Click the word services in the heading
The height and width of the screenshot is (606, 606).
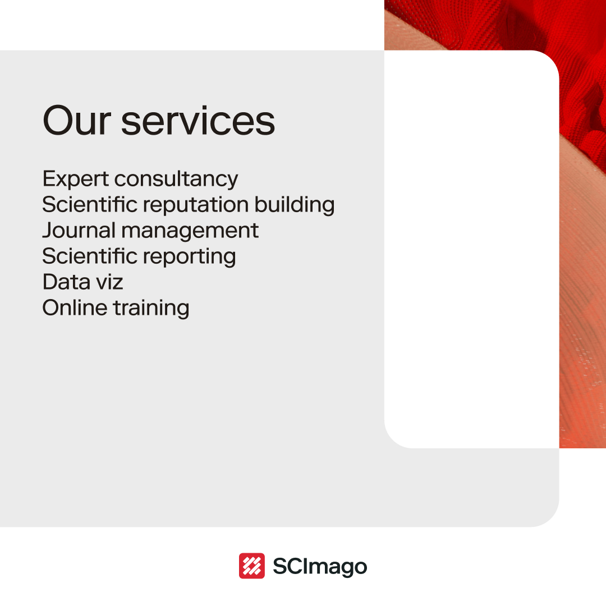click(x=198, y=120)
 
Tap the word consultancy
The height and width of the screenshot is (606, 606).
click(x=176, y=179)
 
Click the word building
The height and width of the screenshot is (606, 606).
click(x=295, y=205)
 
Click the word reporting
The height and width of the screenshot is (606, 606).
click(x=190, y=257)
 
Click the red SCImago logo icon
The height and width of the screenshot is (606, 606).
click(x=251, y=566)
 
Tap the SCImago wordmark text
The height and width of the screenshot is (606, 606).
click(x=319, y=566)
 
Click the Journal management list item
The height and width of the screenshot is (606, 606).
click(x=150, y=231)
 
